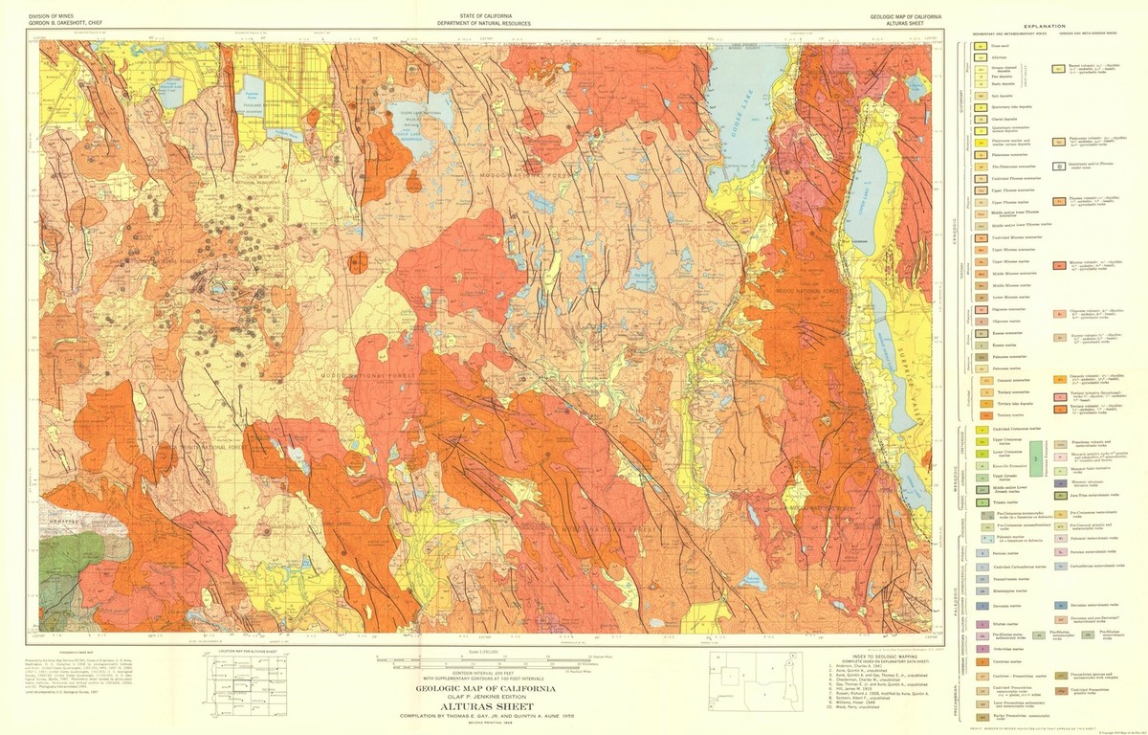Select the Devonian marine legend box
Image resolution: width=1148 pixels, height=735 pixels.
pos(980,607)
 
